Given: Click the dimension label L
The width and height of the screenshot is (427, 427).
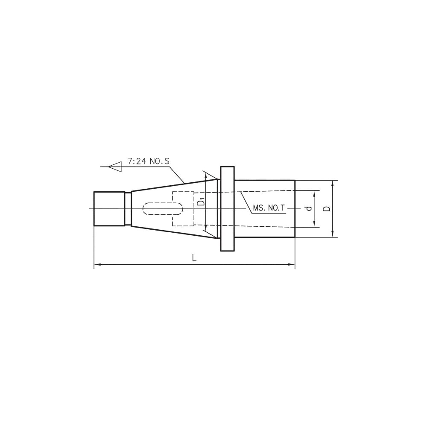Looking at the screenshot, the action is click(194, 257).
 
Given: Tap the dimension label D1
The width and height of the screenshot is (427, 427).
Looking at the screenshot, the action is click(201, 202).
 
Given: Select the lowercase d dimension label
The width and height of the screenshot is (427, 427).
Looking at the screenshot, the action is click(309, 208).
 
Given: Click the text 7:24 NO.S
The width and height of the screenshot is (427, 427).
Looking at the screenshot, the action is click(149, 161).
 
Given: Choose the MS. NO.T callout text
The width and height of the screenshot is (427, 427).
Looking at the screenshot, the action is click(269, 208).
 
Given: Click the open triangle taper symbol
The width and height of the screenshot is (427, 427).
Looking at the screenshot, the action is click(115, 167).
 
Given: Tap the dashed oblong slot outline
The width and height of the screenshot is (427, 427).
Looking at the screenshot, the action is click(163, 209).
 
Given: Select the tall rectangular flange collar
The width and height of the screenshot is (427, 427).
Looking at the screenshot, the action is click(228, 209).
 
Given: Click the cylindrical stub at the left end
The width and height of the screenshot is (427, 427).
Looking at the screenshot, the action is click(109, 209).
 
